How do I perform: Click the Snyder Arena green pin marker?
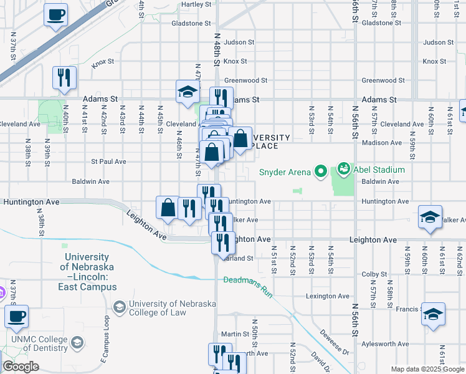(321, 170)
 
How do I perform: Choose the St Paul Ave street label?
(109, 161)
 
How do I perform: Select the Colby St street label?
(374, 274)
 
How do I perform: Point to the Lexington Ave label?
(324, 296)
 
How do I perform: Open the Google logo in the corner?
(21, 367)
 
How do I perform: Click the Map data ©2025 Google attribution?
(427, 369)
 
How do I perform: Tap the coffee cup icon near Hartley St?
(56, 14)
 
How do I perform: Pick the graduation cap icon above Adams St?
(187, 92)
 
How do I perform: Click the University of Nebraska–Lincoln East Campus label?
(87, 272)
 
